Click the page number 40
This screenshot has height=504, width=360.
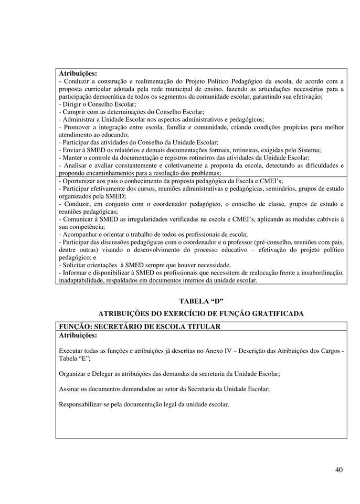pyautogui.click(x=338, y=469)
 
